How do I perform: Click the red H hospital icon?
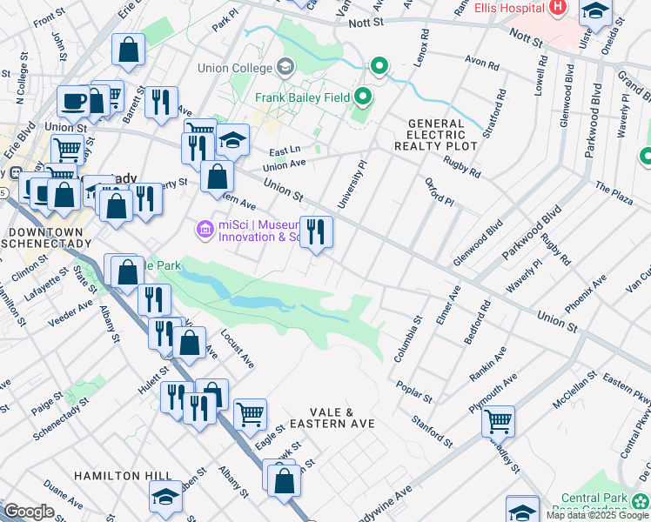[559, 9]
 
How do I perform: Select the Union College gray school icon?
[285, 66]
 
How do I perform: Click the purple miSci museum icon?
[205, 230]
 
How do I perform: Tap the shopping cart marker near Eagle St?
[250, 414]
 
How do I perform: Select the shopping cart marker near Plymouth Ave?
[498, 421]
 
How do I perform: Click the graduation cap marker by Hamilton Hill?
[163, 496]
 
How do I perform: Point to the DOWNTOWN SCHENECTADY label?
[46, 239]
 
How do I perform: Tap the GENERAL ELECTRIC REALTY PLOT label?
[443, 135]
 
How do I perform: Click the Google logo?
[29, 512]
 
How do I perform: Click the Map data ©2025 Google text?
[597, 515]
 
